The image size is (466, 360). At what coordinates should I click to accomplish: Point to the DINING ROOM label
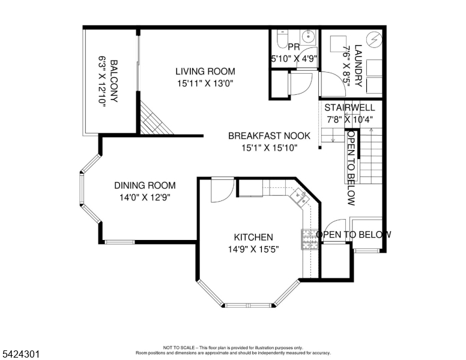pyautogui.click(x=145, y=185)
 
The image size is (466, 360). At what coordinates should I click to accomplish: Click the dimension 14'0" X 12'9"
pyautogui.click(x=145, y=197)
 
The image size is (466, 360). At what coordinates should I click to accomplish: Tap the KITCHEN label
pyautogui.click(x=253, y=237)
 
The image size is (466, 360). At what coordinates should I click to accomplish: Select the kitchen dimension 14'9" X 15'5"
pyautogui.click(x=253, y=248)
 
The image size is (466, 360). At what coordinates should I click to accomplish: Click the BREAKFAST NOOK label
pyautogui.click(x=269, y=136)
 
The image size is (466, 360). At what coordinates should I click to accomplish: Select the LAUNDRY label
pyautogui.click(x=358, y=66)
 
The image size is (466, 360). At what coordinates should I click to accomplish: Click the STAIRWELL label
pyautogui.click(x=349, y=107)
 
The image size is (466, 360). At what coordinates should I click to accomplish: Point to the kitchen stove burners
pyautogui.click(x=309, y=239)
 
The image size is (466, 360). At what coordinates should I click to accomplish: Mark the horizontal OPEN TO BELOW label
pyautogui.click(x=354, y=235)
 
